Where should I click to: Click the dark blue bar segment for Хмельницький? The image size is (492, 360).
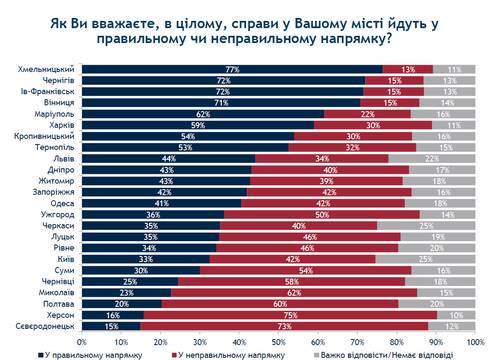tap(232, 69)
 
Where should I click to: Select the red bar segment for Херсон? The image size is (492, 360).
tap(290, 315)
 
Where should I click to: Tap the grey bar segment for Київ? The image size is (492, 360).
tap(426, 259)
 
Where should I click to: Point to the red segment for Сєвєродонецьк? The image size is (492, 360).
tap(284, 326)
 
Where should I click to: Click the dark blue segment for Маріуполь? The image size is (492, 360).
tap(203, 114)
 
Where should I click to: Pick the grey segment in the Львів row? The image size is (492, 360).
tap(432, 158)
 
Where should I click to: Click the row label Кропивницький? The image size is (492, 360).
tap(44, 136)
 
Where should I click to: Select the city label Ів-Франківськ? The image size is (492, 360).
tap(48, 92)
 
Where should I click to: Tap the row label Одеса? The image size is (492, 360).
tap(63, 204)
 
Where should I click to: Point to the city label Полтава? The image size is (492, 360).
tap(59, 304)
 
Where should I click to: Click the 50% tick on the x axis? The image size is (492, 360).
tap(279, 332)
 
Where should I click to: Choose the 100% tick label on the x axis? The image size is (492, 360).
tap(476, 342)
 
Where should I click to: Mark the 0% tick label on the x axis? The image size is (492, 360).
tap(82, 342)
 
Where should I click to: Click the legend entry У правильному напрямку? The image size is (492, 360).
tap(90, 355)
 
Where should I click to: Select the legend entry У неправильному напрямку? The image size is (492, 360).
tap(228, 355)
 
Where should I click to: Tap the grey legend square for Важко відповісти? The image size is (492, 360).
tap(317, 355)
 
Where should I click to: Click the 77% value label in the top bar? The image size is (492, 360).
tap(232, 69)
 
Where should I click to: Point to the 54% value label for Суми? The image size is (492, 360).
tap(306, 271)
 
